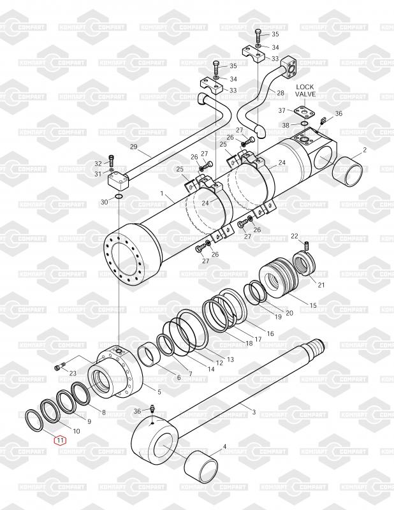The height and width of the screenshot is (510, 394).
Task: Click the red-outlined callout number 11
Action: (x=60, y=441)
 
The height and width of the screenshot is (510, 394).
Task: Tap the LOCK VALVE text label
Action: (x=305, y=91)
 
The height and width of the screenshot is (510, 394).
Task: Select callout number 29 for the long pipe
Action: (x=134, y=147)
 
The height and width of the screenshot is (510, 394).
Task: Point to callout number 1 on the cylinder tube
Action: (x=162, y=194)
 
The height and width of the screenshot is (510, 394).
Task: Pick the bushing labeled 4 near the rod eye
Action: (x=200, y=465)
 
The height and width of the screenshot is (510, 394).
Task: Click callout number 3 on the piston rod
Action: (x=254, y=412)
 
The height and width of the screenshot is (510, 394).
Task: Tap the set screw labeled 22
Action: (x=305, y=246)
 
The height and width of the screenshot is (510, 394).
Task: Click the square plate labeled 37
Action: (x=305, y=113)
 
